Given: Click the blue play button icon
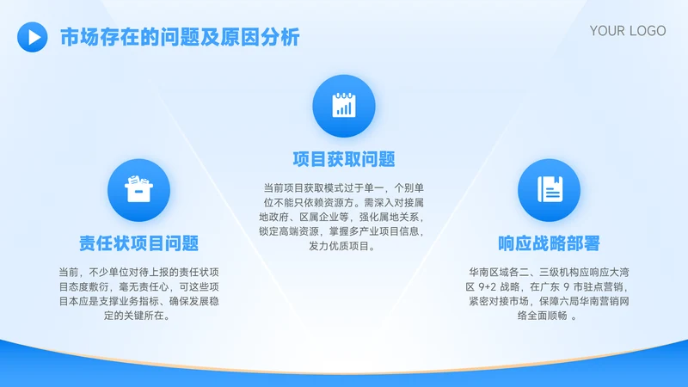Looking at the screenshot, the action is (x=33, y=37).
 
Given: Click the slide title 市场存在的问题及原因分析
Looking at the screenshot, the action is (x=180, y=37).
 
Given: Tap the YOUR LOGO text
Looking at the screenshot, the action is (x=628, y=31).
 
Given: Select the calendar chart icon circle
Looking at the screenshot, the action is (x=344, y=106).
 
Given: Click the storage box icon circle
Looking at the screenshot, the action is (x=139, y=190).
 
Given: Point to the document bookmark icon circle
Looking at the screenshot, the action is (x=549, y=190).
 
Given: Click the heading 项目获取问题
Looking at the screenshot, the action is (x=344, y=159).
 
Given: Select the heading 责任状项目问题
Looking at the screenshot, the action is (x=139, y=243).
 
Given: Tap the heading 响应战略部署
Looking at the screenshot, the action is (x=549, y=243).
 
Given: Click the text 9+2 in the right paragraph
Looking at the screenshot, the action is (x=488, y=287).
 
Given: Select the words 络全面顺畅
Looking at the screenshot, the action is (x=543, y=316).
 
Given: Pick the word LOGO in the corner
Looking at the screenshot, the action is (x=647, y=31).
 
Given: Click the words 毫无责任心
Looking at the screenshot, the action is (x=144, y=287).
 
